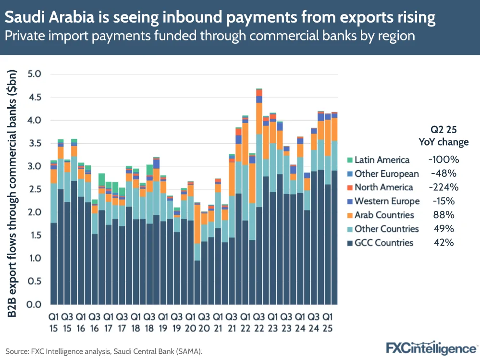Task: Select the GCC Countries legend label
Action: click(383, 243)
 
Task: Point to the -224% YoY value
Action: click(441, 187)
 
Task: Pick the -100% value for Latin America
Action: click(441, 160)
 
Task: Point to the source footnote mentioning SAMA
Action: click(104, 351)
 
